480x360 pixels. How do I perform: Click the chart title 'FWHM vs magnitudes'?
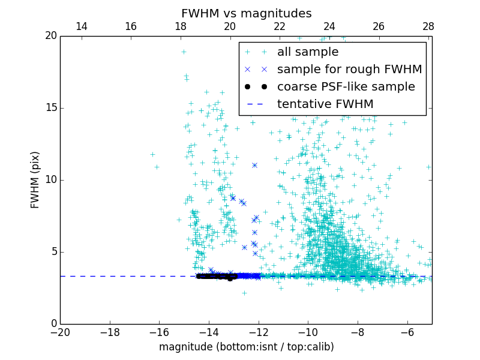(246, 13)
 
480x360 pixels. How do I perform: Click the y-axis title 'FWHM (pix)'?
(35, 179)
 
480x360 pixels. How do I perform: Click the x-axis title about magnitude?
(246, 347)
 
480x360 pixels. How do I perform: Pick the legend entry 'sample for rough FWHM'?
(350, 70)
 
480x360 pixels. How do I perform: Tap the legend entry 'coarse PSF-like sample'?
(346, 87)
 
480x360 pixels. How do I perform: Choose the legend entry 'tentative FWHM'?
(325, 104)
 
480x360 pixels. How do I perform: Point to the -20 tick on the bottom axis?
(60, 332)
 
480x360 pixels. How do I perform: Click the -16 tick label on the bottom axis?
(159, 332)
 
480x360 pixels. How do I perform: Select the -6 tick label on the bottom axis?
(407, 332)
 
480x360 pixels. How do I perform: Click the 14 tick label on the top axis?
(82, 26)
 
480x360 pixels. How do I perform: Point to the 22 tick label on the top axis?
(280, 26)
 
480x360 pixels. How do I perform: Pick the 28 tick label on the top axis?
(428, 26)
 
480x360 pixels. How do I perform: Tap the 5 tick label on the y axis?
(52, 252)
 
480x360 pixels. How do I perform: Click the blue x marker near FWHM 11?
(254, 165)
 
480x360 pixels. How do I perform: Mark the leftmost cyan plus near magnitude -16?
(152, 154)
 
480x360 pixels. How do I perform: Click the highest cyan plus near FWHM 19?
(184, 52)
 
